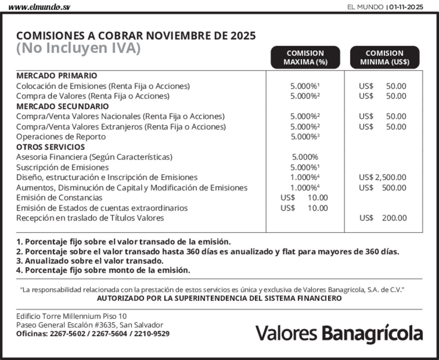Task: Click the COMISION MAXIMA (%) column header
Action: (305, 57)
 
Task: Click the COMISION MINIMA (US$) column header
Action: (385, 57)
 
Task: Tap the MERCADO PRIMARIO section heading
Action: (56, 76)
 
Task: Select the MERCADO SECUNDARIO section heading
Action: (62, 106)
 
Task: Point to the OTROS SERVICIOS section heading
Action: (50, 147)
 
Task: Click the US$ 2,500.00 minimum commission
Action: (383, 177)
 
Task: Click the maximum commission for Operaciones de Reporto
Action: (305, 137)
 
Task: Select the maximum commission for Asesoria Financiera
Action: (305, 157)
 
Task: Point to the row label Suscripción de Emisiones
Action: (62, 167)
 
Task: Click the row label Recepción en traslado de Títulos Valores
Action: (90, 218)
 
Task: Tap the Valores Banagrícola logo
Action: (339, 333)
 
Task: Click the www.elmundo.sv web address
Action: (39, 7)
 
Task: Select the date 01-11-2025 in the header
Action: (406, 7)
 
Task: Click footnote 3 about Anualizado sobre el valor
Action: (90, 261)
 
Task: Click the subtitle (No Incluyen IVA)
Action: (78, 48)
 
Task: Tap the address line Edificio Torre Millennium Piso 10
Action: (71, 316)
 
